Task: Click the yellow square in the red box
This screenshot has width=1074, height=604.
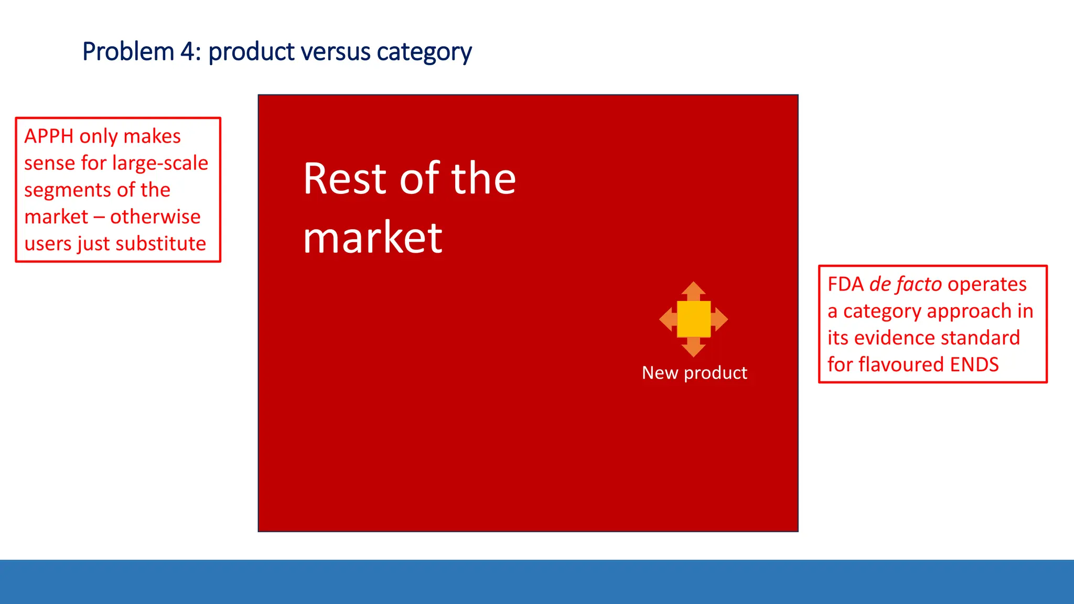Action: click(693, 319)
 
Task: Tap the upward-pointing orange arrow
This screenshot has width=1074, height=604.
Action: click(693, 290)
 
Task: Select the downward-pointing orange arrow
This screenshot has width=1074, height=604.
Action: click(693, 348)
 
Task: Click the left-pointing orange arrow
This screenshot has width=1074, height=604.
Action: click(667, 319)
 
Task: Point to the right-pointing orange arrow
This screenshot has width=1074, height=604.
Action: click(721, 319)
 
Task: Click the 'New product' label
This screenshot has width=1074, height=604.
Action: click(694, 373)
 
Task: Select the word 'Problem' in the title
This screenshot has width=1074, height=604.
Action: click(128, 52)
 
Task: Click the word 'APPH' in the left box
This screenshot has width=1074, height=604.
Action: click(49, 136)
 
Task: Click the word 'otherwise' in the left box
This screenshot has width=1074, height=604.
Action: click(155, 217)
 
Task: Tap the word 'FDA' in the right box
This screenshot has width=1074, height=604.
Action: click(845, 284)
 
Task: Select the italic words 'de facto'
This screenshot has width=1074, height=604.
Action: click(905, 284)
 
